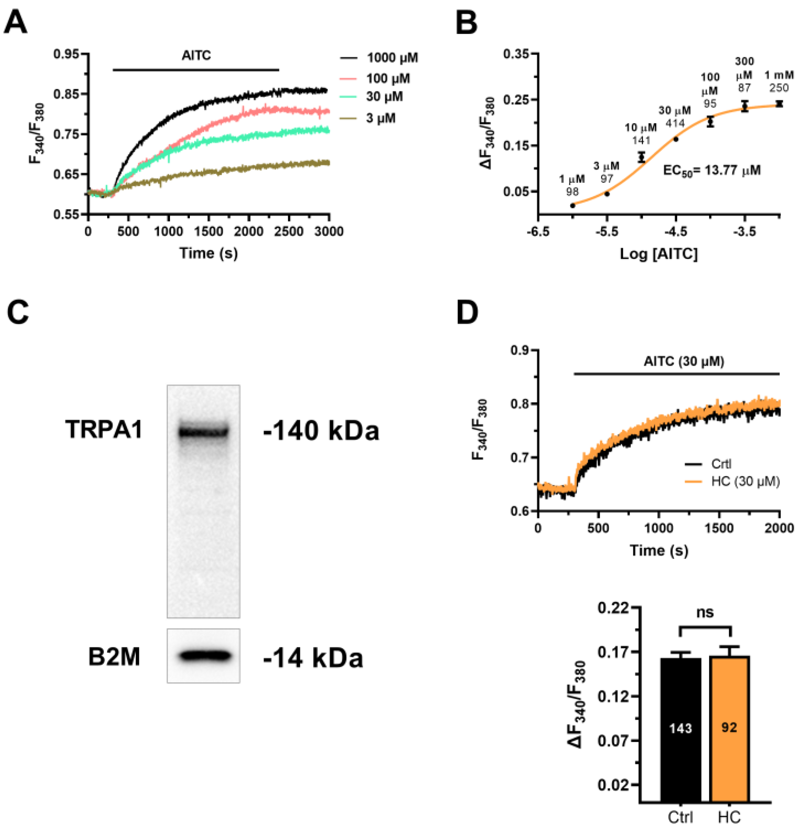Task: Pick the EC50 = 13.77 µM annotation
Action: click(x=711, y=170)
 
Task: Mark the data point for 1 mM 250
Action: click(x=779, y=104)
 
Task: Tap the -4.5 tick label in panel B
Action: click(x=676, y=231)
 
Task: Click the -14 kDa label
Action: click(x=313, y=658)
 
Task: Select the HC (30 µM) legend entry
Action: click(x=745, y=482)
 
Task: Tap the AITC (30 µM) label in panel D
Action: click(x=684, y=361)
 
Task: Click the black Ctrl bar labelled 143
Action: click(x=680, y=729)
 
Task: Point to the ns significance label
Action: click(x=705, y=612)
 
